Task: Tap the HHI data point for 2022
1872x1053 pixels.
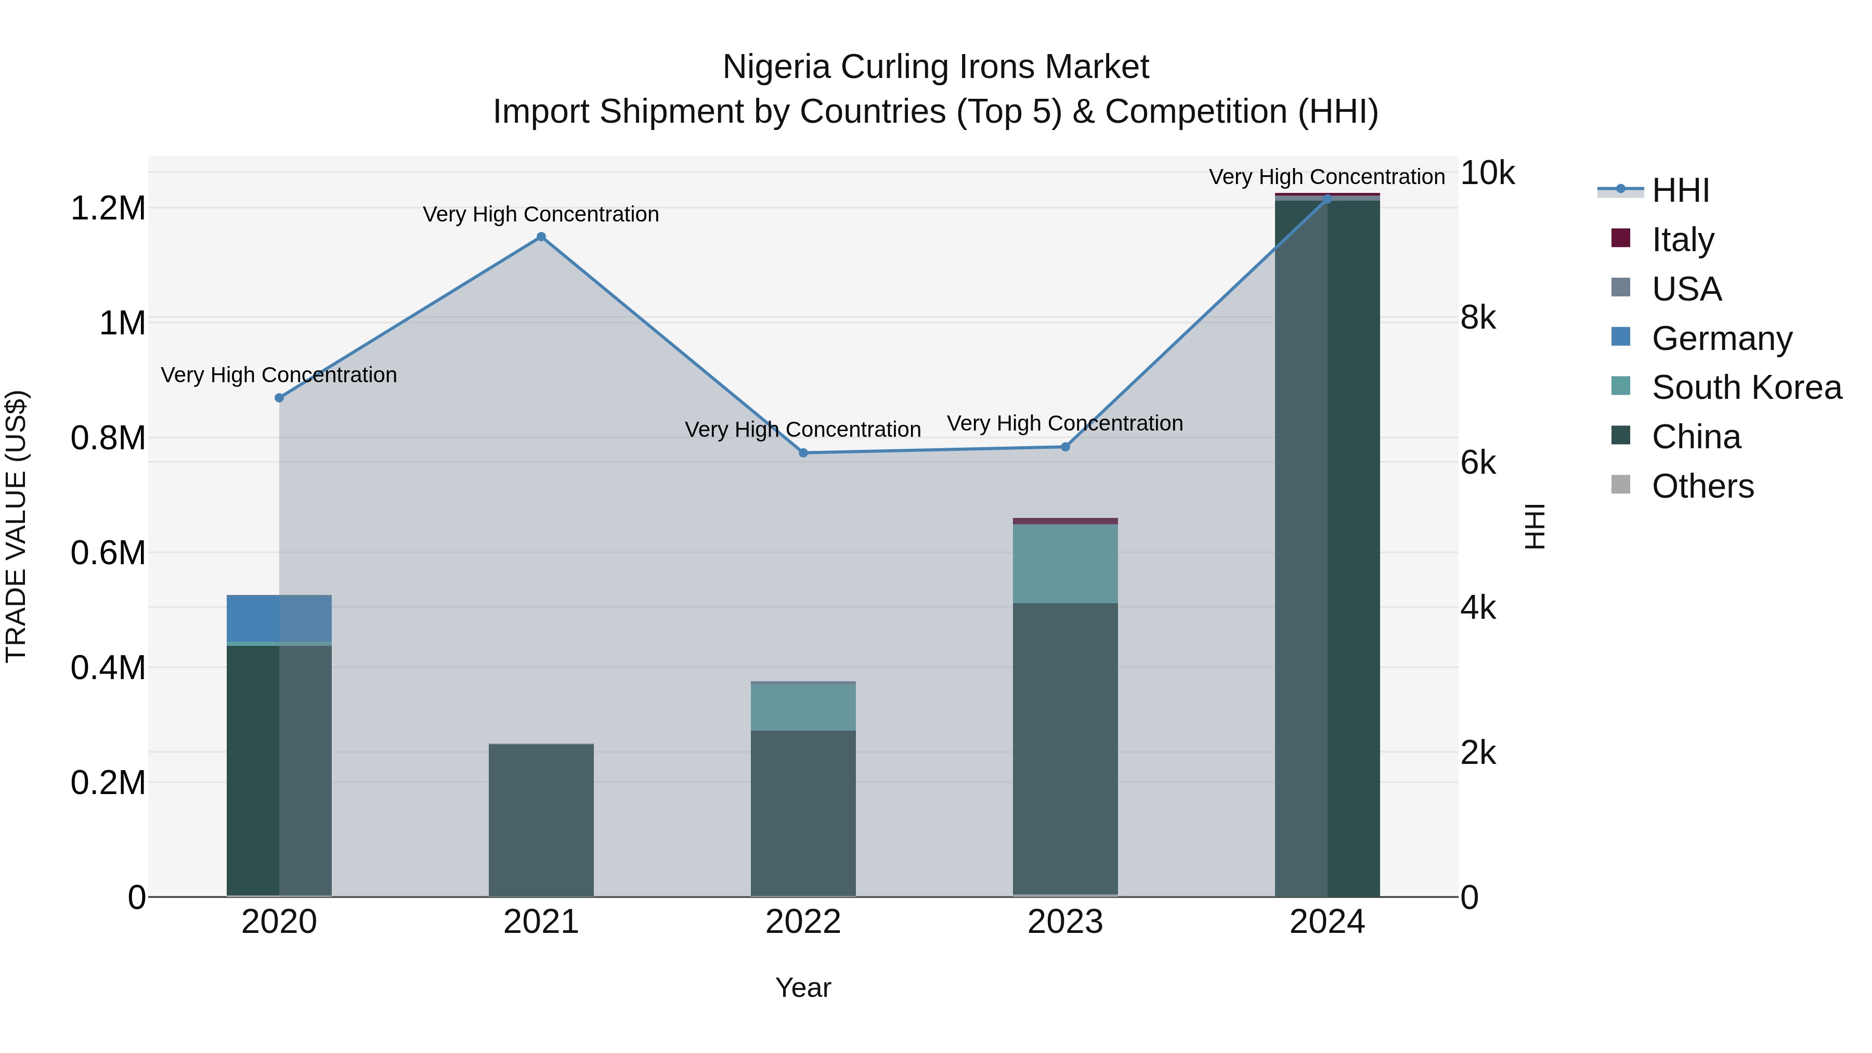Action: [803, 453]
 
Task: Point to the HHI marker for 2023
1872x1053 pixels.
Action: [1065, 447]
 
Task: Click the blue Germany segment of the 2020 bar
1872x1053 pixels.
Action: [279, 618]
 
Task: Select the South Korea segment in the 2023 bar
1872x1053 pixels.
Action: [1065, 563]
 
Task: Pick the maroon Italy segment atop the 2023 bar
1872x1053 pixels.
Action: [1065, 521]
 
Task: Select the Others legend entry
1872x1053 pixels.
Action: [1702, 486]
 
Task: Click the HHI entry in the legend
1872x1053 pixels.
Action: [1680, 190]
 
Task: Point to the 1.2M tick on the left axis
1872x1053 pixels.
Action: [108, 209]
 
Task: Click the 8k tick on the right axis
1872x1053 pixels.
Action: [1478, 318]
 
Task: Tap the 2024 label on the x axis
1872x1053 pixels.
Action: [1327, 922]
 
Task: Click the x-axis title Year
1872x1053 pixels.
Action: [803, 987]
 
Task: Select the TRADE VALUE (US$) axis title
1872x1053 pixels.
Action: [16, 526]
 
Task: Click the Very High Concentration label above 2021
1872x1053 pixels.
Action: [541, 214]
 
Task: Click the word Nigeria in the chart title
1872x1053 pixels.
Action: [776, 67]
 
